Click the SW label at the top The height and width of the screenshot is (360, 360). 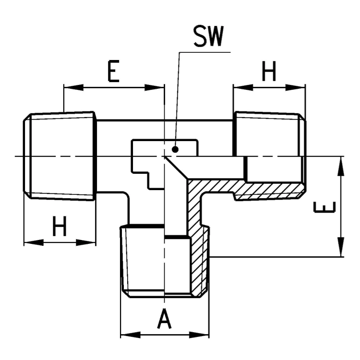208,36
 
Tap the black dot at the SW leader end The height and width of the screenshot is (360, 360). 175,150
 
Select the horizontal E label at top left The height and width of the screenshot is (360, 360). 114,71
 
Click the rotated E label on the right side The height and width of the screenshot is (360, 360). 324,207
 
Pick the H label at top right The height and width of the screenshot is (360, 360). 269,71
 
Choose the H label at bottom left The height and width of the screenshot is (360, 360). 60,226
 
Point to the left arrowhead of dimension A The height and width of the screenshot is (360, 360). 131,335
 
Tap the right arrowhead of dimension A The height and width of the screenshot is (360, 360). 199,335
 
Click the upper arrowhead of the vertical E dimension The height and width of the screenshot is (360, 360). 341,166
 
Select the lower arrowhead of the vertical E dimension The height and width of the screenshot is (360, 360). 341,247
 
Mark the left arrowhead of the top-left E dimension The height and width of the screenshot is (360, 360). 73,87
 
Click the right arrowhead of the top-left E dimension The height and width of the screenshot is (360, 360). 154,87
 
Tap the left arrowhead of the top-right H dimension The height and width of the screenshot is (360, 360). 243,87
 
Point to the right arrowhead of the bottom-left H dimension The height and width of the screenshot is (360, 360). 86,242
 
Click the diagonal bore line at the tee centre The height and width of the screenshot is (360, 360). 176,168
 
